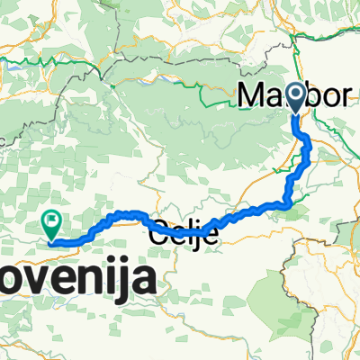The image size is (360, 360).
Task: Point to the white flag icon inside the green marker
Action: tap(52, 218)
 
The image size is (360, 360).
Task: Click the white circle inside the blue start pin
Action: tap(297, 94)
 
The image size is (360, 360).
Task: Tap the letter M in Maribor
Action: tap(253, 94)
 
